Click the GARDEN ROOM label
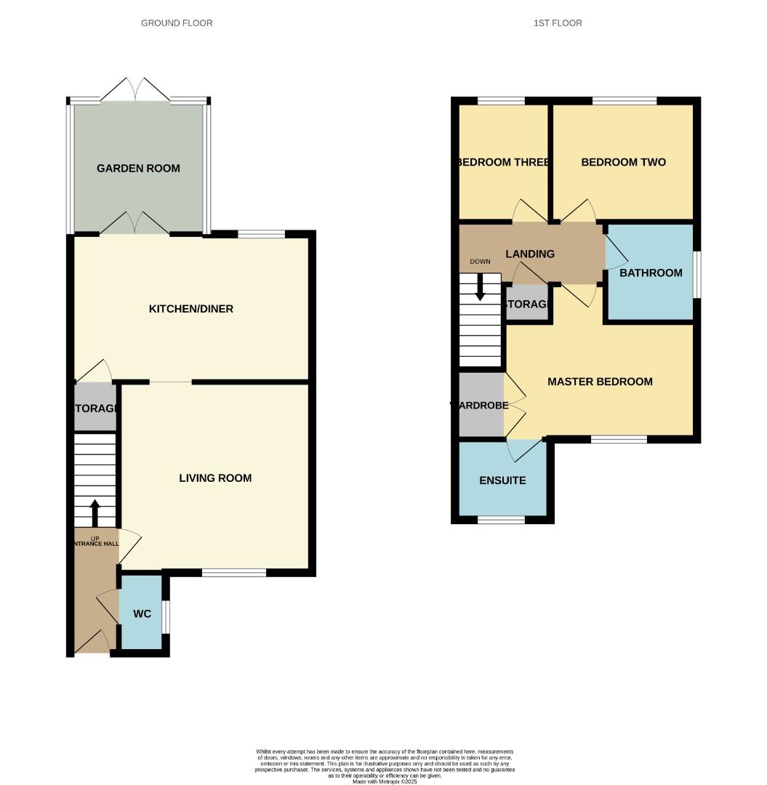click(x=138, y=168)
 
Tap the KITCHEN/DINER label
click(x=190, y=309)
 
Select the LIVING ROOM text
click(x=215, y=478)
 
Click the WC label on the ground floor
click(x=142, y=613)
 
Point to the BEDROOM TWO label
click(x=623, y=162)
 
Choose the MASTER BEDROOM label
click(x=600, y=382)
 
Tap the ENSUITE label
click(x=502, y=480)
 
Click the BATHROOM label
click(x=651, y=273)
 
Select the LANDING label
click(x=530, y=254)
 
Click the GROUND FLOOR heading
click(x=177, y=23)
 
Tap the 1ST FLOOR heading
click(x=558, y=23)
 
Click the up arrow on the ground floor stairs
click(x=95, y=512)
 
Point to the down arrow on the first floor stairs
click(x=480, y=286)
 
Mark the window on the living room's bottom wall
click(x=233, y=573)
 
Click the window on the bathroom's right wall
click(x=696, y=274)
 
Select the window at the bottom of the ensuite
click(x=501, y=520)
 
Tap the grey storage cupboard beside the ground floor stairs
click(x=95, y=408)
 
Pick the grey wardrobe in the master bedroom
click(x=481, y=406)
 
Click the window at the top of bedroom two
click(x=625, y=101)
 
